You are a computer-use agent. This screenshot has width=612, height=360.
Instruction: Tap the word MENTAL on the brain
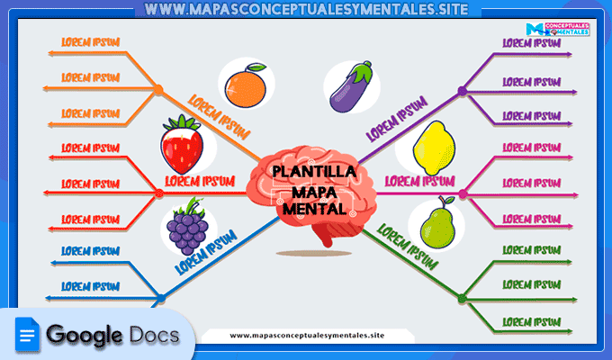point(312,208)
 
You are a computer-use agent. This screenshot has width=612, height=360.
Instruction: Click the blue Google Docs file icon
point(28,336)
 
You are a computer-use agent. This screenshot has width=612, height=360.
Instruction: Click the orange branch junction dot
point(158,90)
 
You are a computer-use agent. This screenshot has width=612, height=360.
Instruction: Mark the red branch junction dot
point(158,193)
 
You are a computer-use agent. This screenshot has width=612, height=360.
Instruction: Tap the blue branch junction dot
point(160,297)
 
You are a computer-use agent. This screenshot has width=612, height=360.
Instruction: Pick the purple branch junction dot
point(462,91)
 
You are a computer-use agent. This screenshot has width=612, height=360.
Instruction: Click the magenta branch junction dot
point(462,193)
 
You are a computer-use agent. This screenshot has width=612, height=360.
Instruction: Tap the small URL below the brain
point(307,336)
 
